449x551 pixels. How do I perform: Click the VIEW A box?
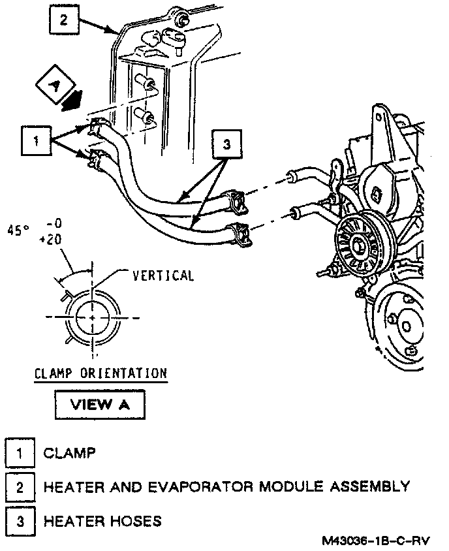99,403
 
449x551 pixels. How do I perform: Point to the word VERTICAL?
163,275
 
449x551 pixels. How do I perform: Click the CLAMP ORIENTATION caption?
101,373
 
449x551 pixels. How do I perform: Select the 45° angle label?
19,230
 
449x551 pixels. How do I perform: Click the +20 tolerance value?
50,240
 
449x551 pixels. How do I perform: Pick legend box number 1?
20,453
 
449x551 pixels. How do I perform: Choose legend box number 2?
20,486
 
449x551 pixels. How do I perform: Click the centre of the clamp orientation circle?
93,317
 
